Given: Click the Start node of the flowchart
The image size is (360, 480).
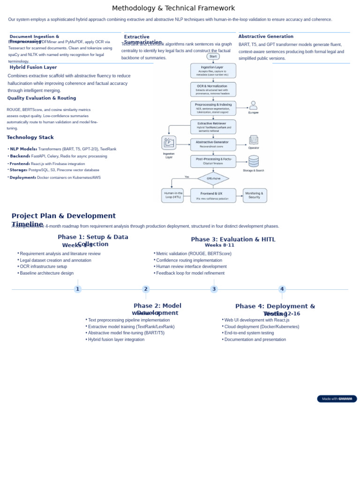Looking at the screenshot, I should click(213, 56).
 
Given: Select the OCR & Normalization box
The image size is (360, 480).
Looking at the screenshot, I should click(213, 90).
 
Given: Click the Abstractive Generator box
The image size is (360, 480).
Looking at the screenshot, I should click(213, 144).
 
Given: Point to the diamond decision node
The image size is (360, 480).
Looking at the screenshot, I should click(213, 179).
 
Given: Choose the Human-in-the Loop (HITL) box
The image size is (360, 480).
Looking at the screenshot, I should click(172, 195).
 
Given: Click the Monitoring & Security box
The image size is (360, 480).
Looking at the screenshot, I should click(255, 195).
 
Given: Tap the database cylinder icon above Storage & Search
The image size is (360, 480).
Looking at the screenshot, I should click(254, 161).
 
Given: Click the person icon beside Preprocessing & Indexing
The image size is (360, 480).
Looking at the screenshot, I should click(253, 105).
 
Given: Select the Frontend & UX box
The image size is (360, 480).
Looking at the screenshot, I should click(213, 195).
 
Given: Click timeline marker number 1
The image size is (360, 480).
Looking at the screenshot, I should click(78, 289).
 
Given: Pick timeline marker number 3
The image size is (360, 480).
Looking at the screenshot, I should click(214, 289).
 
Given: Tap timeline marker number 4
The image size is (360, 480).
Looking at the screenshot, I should click(282, 289).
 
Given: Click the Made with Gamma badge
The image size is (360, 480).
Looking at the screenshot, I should click(337, 399).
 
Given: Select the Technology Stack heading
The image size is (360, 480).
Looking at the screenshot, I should click(30, 137).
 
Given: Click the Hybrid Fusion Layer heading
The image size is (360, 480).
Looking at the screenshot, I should click(33, 67).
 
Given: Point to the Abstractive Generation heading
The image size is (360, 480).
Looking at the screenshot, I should click(266, 37).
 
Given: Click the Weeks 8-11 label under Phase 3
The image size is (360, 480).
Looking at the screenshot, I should click(219, 245).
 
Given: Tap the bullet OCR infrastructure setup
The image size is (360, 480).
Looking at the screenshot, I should click(43, 266).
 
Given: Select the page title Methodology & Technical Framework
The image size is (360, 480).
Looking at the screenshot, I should click(173, 8).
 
